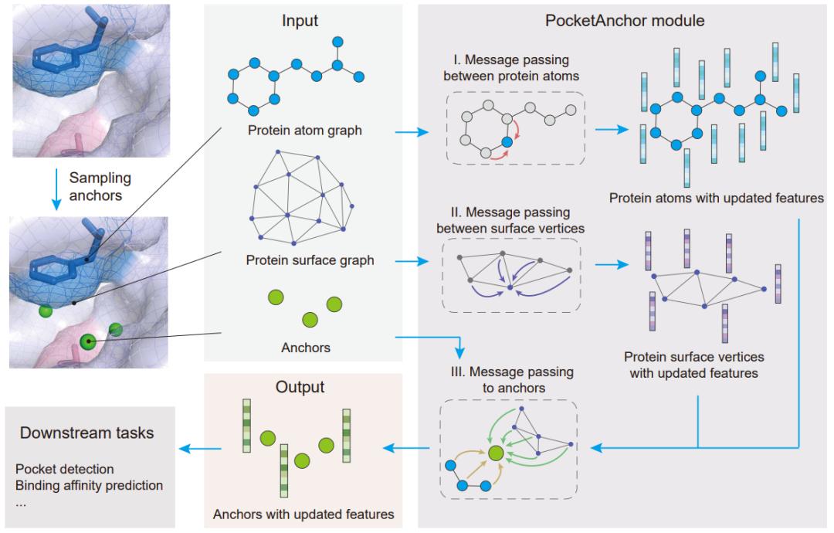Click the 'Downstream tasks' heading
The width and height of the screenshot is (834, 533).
point(86,433)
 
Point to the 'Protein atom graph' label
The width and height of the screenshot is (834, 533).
point(304,131)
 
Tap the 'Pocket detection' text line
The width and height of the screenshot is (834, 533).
point(65,469)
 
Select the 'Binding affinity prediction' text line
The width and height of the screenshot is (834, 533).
point(90,485)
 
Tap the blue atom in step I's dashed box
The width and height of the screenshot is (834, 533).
point(507,141)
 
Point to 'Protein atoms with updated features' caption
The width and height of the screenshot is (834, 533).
point(716,199)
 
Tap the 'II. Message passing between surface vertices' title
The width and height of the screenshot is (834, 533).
point(514,219)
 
